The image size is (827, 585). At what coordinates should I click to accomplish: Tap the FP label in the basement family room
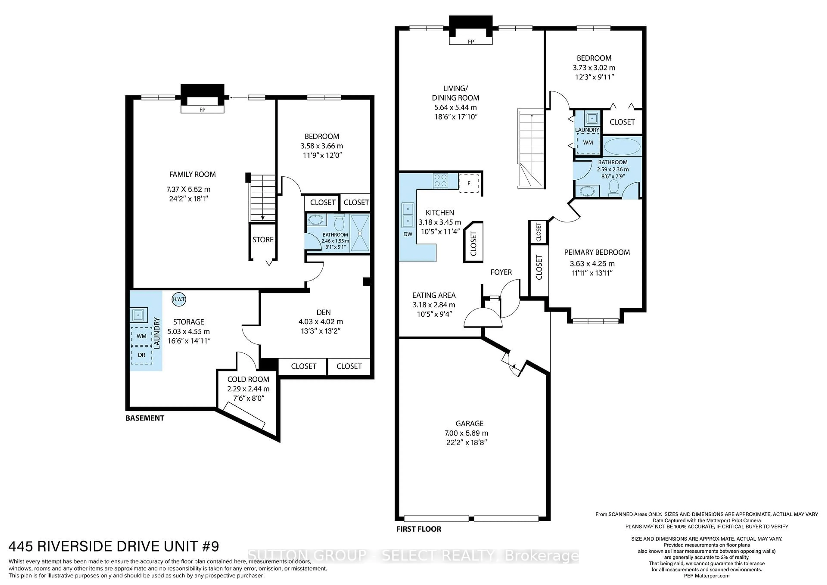click(x=202, y=109)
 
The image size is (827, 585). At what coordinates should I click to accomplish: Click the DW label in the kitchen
click(x=408, y=234)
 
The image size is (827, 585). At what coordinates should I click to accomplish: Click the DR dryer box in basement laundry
click(x=141, y=355)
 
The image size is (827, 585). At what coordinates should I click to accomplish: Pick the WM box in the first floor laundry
click(x=588, y=143)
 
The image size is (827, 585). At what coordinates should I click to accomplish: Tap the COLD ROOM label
click(x=248, y=379)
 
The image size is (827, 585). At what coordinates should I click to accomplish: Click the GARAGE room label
click(x=469, y=424)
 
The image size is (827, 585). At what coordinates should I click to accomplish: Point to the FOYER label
click(x=501, y=272)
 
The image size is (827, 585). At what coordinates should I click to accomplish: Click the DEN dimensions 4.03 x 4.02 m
click(x=321, y=322)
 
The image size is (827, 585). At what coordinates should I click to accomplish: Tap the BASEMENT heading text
click(x=145, y=418)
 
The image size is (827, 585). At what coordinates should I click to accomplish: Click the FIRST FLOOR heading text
click(x=418, y=529)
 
